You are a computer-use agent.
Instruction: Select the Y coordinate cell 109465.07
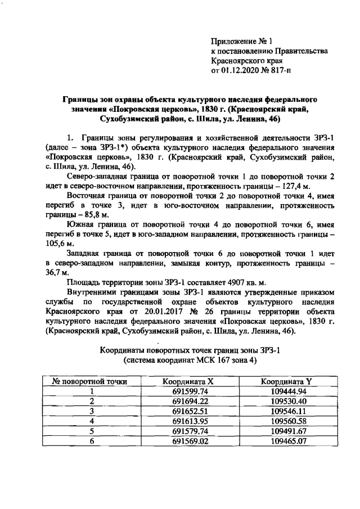click(x=286, y=440)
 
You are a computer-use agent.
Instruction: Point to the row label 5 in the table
click(x=91, y=431)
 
